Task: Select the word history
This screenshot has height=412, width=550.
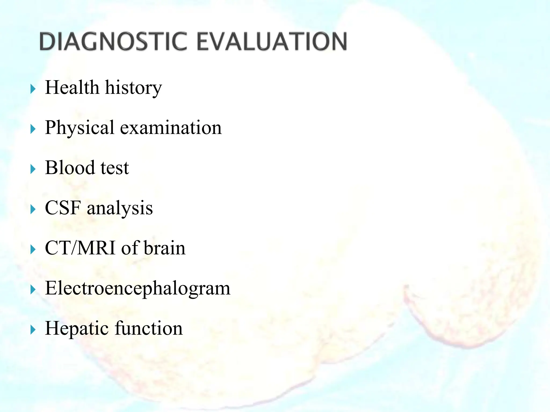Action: pyautogui.click(x=133, y=88)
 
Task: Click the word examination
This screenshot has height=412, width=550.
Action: pyautogui.click(x=171, y=128)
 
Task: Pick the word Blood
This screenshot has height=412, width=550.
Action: pyautogui.click(x=70, y=168)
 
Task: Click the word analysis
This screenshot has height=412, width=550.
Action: pyautogui.click(x=120, y=208)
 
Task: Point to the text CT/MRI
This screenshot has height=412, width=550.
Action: pyautogui.click(x=80, y=248)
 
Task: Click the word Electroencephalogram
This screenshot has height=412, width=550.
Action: pyautogui.click(x=137, y=288)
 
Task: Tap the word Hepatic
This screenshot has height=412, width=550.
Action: pyautogui.click(x=77, y=329)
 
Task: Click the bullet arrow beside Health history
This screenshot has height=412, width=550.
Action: pyautogui.click(x=33, y=89)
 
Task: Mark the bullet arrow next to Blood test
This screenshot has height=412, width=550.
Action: pyautogui.click(x=33, y=169)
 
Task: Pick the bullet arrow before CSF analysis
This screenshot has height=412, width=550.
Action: pyautogui.click(x=33, y=209)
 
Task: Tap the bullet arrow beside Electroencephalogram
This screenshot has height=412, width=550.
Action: pyautogui.click(x=33, y=290)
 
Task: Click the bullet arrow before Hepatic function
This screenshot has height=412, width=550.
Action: pyautogui.click(x=33, y=330)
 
